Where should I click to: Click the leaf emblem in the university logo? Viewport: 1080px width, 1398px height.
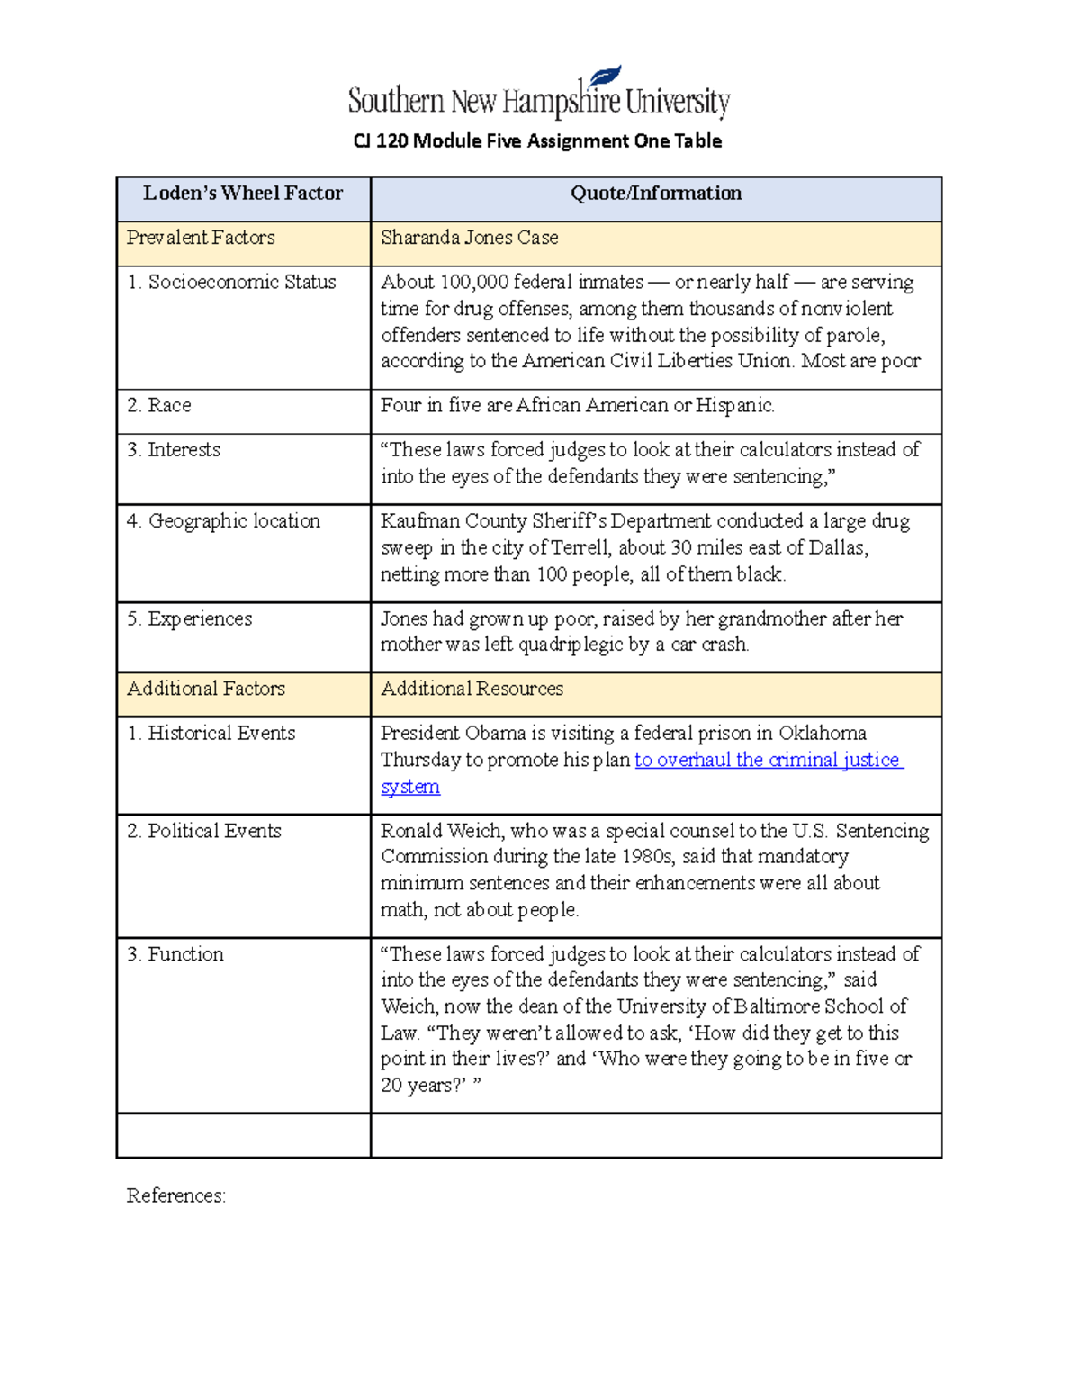tap(605, 77)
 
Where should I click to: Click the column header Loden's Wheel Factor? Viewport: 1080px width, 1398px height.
tap(243, 194)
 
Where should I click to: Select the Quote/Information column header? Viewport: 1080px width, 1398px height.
tap(656, 194)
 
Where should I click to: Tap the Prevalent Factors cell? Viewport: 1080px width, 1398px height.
tap(201, 239)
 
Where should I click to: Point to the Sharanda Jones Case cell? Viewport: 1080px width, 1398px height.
tap(469, 239)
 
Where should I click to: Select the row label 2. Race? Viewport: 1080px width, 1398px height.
tap(159, 406)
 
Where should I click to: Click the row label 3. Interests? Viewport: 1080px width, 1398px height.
tap(174, 450)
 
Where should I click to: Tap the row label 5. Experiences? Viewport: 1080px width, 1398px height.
tap(189, 619)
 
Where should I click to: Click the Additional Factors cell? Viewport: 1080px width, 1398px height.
tap(206, 690)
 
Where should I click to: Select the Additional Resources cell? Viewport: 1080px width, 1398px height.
tap(472, 690)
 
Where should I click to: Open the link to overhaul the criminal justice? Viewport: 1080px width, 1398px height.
tap(768, 761)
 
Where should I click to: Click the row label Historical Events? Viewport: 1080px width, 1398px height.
tap(220, 734)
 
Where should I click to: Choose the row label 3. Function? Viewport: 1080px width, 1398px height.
tap(175, 955)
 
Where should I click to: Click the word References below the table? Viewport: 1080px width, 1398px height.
tap(175, 1196)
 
